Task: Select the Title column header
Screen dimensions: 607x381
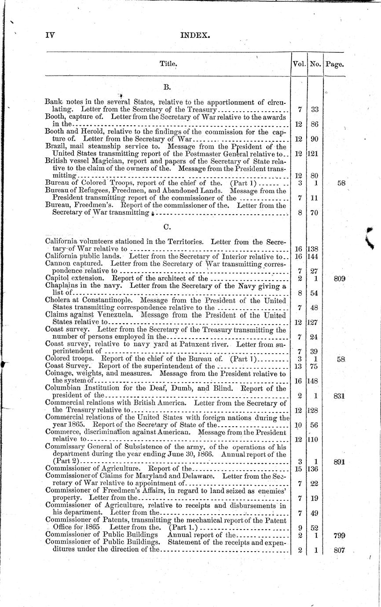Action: point(168,64)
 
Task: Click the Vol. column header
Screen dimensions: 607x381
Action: point(299,64)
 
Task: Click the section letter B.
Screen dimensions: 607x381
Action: point(167,87)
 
